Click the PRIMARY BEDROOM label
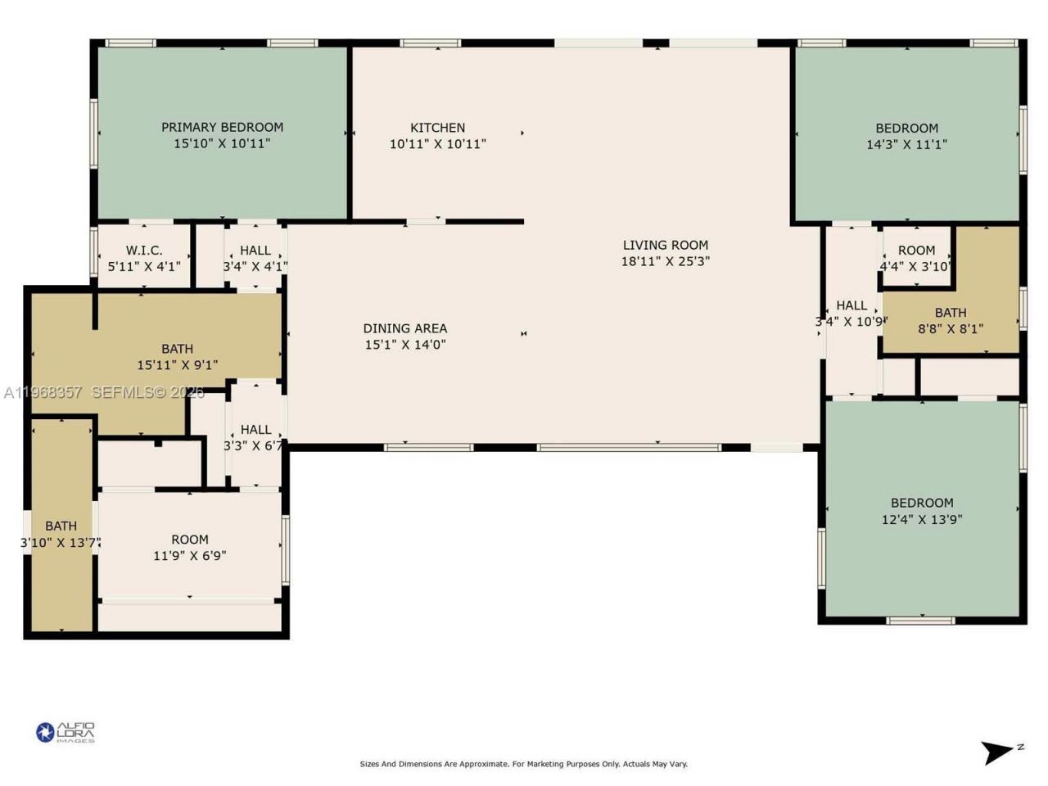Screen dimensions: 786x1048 tap(222, 127)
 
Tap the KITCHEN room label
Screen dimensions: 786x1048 tap(437, 128)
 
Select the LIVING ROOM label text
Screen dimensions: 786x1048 tap(665, 245)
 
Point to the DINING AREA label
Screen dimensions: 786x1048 tap(404, 328)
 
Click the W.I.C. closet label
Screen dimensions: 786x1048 tap(144, 251)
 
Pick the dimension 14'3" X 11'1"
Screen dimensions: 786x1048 tap(906, 145)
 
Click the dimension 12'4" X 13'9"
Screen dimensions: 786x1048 tap(922, 520)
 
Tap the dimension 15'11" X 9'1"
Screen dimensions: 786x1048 tap(177, 365)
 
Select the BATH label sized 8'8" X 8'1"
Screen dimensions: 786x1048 tap(950, 313)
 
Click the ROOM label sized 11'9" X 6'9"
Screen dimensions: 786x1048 tap(189, 540)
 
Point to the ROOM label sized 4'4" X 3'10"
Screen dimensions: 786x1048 tap(916, 251)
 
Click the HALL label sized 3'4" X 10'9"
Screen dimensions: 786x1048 tap(851, 305)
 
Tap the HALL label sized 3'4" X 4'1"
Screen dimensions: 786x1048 tap(255, 251)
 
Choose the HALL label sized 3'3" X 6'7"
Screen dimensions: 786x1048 tap(255, 430)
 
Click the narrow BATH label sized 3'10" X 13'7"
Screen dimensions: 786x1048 tap(61, 526)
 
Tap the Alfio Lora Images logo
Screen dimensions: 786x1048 tap(65, 732)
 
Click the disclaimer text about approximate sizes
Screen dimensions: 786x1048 tap(524, 764)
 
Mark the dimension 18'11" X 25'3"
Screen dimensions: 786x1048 tap(665, 261)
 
